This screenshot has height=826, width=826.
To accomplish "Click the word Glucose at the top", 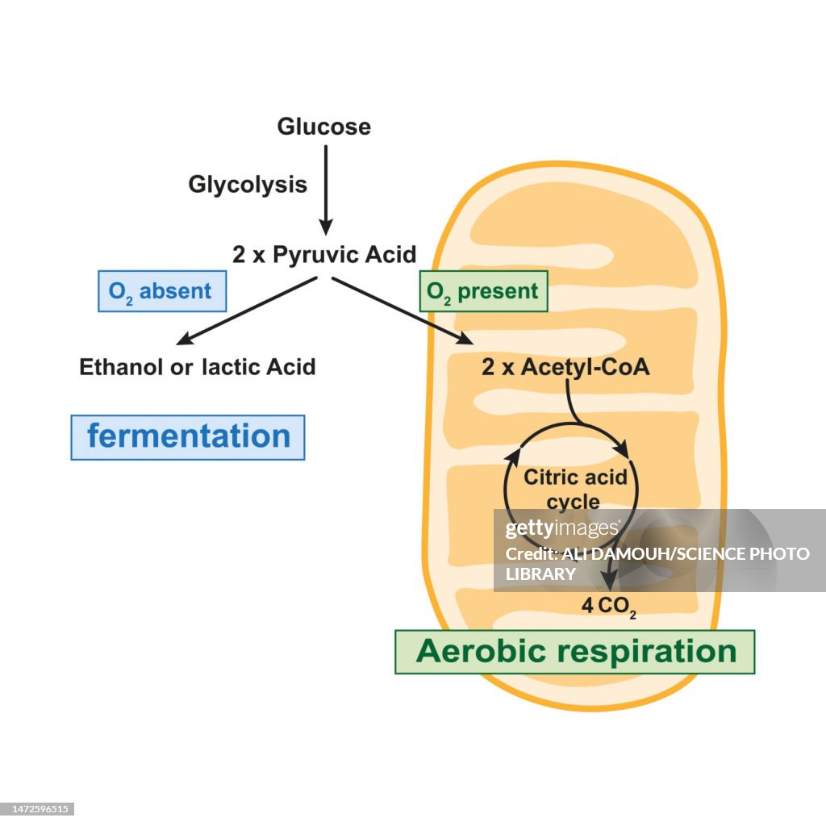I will [x=323, y=127].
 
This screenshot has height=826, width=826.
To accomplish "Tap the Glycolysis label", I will [x=248, y=185].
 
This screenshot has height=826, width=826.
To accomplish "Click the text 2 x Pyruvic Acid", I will [x=324, y=255].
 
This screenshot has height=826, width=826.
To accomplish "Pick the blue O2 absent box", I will [x=162, y=291].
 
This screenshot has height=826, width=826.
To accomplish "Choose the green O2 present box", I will [x=483, y=291].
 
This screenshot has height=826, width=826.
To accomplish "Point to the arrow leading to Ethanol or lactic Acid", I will [x=245, y=311].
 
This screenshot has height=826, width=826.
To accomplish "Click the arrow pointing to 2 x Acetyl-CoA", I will [x=403, y=311].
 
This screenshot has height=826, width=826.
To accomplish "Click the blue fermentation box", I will [x=188, y=437].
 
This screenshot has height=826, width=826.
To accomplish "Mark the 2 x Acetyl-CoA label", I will [x=565, y=367].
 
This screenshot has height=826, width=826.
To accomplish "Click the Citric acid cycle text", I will [x=575, y=489].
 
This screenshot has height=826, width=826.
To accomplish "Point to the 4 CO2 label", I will [x=609, y=605].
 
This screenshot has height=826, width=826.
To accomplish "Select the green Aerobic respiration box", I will [x=575, y=652].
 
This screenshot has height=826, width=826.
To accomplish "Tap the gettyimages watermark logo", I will [x=562, y=530].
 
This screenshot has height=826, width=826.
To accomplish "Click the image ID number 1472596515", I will [x=38, y=808].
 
